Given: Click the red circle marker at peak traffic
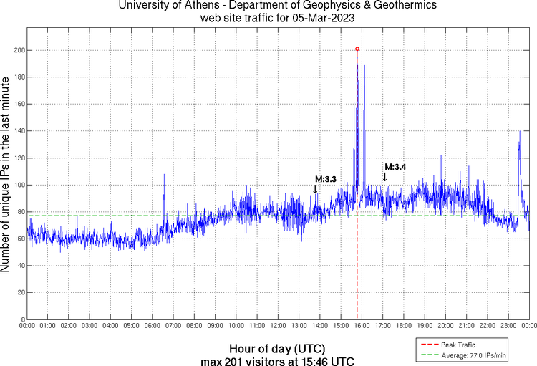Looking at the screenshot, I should (357, 49).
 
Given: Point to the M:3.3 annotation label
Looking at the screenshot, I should (326, 179).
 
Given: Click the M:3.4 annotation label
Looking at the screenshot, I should (395, 167).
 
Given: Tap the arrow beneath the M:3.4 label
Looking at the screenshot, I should (384, 176).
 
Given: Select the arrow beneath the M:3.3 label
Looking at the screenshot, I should (315, 188).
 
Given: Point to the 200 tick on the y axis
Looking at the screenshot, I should (18, 50).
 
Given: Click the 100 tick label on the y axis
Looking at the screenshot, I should (18, 185).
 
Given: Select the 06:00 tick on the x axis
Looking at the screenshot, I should (152, 326).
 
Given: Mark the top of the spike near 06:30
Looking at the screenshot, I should (164, 174).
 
